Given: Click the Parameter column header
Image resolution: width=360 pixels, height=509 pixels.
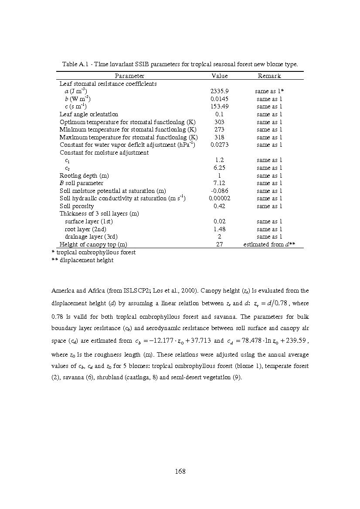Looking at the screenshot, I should click(129, 76).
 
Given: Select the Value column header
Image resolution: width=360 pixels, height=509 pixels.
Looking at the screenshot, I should click(219, 76).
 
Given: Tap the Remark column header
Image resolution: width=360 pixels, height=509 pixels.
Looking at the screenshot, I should click(269, 76).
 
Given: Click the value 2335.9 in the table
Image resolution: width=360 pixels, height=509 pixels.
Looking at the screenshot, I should click(219, 91).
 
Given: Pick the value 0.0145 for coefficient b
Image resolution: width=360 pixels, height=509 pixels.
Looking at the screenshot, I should click(219, 99).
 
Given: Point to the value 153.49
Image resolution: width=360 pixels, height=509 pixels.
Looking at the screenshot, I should click(219, 107).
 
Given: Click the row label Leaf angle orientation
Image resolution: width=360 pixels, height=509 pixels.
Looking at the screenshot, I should click(89, 114).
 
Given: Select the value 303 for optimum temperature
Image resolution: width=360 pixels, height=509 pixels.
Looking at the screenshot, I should click(219, 122).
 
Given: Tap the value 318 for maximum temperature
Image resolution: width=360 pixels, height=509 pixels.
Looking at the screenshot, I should click(219, 137).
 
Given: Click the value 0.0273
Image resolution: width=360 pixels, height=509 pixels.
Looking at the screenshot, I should click(219, 145).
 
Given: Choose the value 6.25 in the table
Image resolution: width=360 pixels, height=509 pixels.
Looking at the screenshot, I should click(219, 168).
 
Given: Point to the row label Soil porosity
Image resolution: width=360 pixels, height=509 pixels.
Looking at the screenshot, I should click(77, 206).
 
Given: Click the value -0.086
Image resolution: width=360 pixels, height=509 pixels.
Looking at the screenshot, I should click(219, 191).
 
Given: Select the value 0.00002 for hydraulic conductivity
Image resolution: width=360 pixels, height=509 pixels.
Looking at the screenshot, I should click(219, 199).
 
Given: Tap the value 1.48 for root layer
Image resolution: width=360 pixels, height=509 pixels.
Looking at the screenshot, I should click(219, 229).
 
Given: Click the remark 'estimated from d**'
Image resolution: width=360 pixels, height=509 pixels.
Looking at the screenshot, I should click(269, 245).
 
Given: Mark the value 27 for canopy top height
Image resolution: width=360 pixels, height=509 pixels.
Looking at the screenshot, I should click(219, 245).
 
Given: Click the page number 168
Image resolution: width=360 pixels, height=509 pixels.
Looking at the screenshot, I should click(180, 471).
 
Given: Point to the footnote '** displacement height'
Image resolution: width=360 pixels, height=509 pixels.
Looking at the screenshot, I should click(82, 260).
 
